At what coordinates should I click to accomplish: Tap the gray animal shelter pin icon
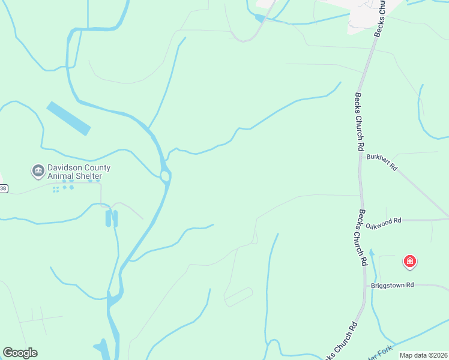[x=38, y=172]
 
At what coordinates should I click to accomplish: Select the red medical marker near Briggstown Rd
[x=410, y=261]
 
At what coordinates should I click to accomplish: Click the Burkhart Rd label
[x=382, y=163]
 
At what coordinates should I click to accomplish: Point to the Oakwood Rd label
[x=383, y=223]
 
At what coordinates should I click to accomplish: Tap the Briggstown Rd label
[x=393, y=285]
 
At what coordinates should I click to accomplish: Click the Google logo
[x=20, y=353]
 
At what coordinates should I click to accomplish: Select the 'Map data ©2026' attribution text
[x=423, y=355]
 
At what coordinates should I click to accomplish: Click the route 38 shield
[x=2, y=188]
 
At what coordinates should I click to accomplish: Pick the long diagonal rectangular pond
[x=68, y=118]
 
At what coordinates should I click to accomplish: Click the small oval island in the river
[x=165, y=176]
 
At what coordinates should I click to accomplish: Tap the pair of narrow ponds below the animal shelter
[x=112, y=218]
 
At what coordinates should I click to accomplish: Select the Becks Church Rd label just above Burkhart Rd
[x=360, y=122]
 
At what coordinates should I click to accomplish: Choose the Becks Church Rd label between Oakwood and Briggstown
[x=363, y=238]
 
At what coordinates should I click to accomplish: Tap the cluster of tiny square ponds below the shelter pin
[x=63, y=188]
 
